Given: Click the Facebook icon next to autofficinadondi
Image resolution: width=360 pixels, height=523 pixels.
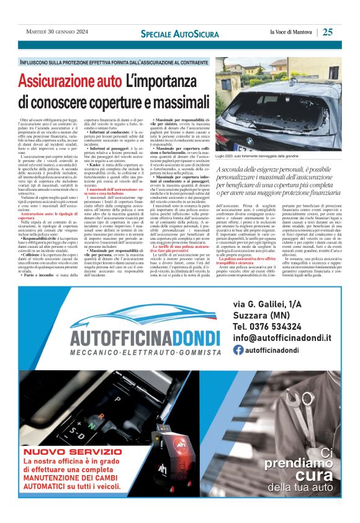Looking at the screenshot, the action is (238, 350).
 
